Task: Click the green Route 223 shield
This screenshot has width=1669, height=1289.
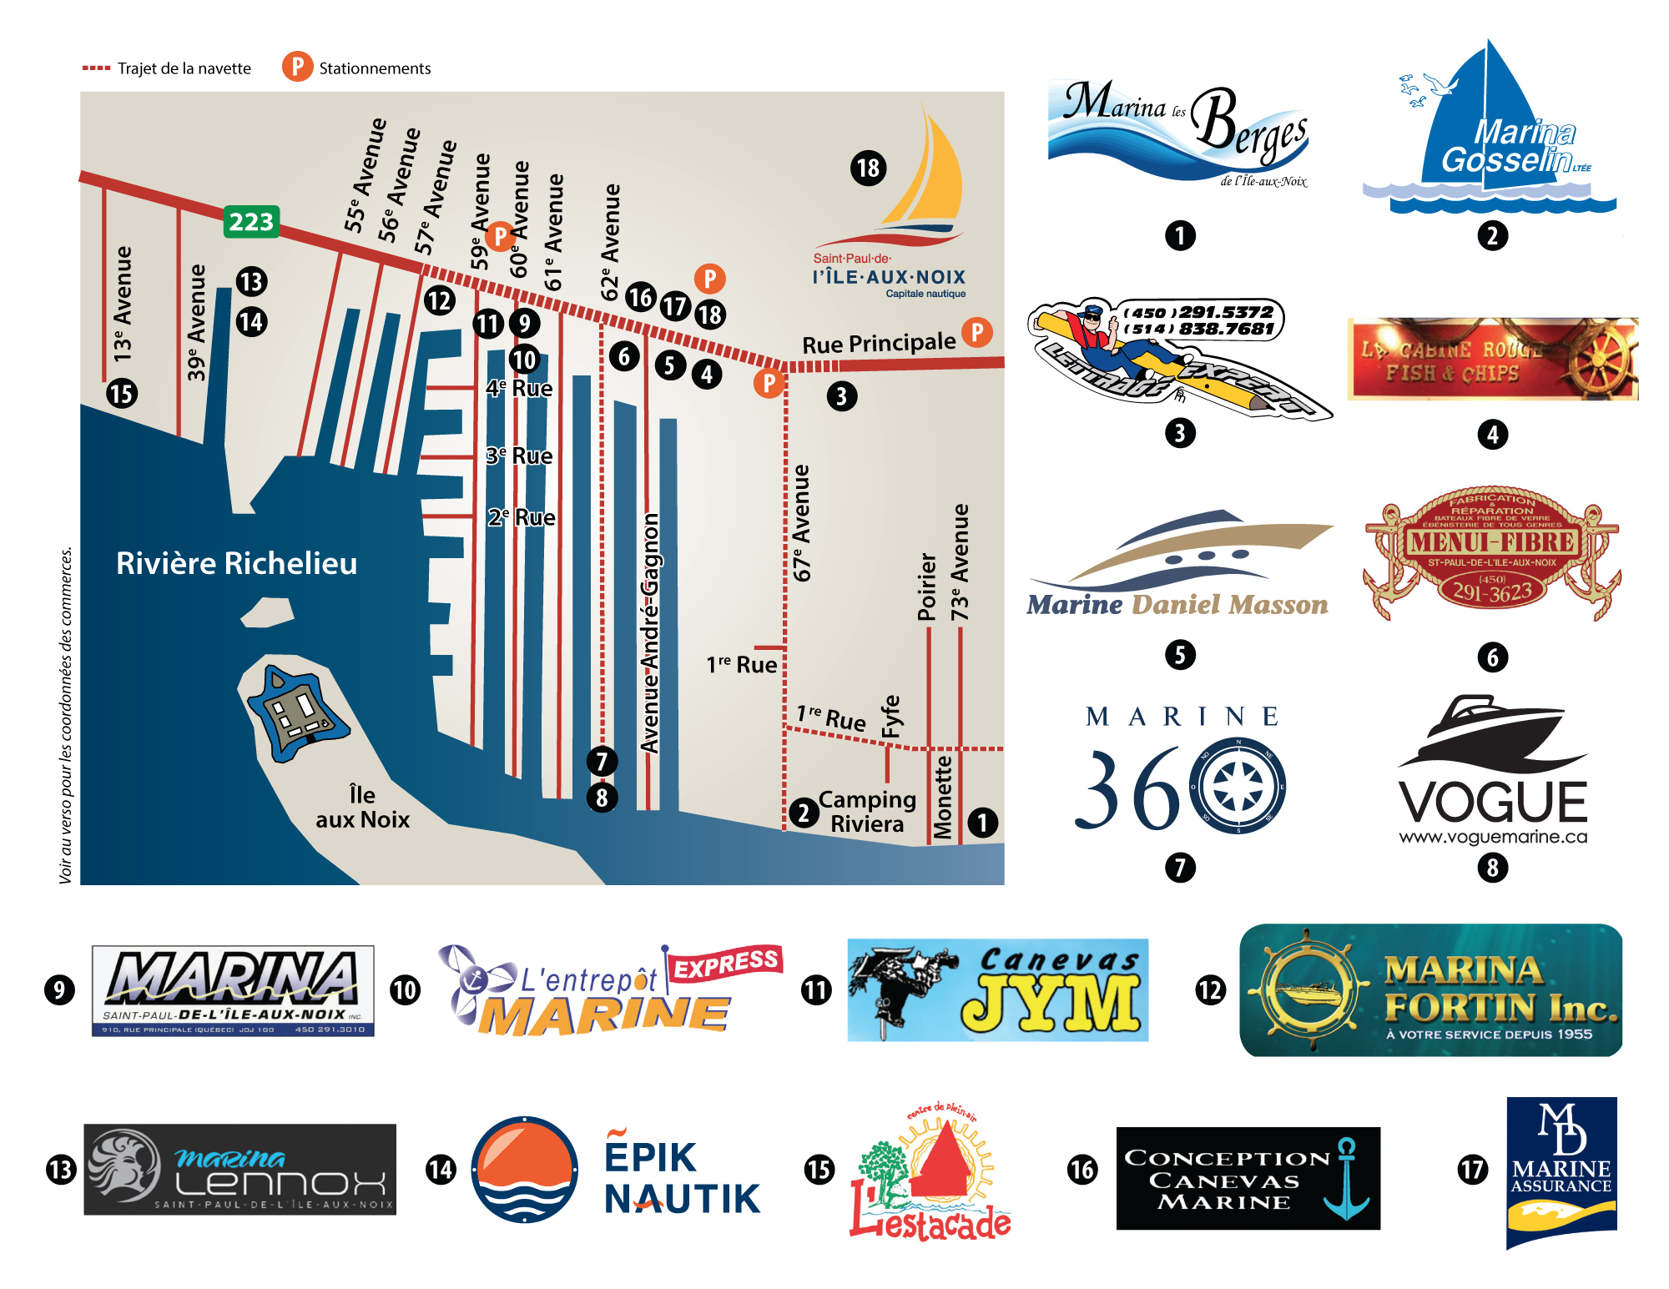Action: [251, 222]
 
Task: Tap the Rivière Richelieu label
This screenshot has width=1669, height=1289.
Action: [236, 564]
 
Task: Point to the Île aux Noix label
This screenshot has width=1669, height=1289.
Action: [363, 807]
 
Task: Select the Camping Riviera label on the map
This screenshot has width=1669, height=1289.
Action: [867, 812]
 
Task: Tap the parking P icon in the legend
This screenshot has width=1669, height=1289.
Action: [297, 67]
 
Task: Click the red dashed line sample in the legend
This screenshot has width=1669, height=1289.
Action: [96, 68]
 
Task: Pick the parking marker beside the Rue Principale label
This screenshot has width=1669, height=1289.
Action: [977, 332]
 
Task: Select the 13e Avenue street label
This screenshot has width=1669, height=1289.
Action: [123, 304]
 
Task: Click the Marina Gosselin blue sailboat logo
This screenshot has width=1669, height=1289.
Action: [1490, 125]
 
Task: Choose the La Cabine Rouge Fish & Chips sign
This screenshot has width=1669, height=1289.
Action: [1492, 359]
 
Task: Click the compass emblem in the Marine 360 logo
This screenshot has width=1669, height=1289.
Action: [1238, 786]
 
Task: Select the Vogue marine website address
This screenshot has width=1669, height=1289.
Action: [1493, 837]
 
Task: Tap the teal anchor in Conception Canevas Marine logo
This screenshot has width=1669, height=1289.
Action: [1346, 1178]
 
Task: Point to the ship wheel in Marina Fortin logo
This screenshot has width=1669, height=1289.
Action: [1307, 990]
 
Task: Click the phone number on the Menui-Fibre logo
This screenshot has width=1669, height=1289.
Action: [1492, 591]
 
